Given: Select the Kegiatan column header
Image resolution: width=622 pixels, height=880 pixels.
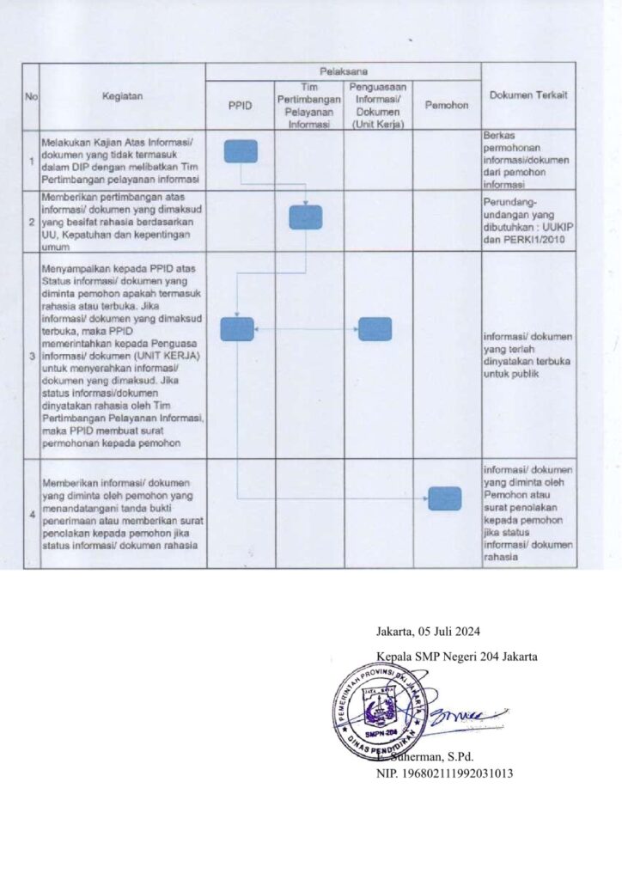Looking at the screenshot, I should click(x=123, y=98).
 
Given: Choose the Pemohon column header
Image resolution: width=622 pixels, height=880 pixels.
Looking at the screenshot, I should click(x=446, y=105).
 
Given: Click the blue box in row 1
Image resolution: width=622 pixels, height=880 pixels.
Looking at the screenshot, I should click(x=241, y=151).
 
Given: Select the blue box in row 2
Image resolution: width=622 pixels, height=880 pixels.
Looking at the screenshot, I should click(x=305, y=217).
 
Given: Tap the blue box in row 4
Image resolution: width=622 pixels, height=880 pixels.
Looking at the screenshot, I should click(x=444, y=498).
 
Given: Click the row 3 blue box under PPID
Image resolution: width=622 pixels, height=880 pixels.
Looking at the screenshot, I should click(x=237, y=329).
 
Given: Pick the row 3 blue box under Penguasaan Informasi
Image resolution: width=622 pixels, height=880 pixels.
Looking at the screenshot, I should click(x=375, y=329).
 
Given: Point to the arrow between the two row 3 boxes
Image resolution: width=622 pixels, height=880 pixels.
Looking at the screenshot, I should click(x=306, y=329).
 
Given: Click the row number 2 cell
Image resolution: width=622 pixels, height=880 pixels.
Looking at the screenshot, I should click(x=31, y=221).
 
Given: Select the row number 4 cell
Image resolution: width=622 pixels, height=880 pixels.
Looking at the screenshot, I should click(x=31, y=515).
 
